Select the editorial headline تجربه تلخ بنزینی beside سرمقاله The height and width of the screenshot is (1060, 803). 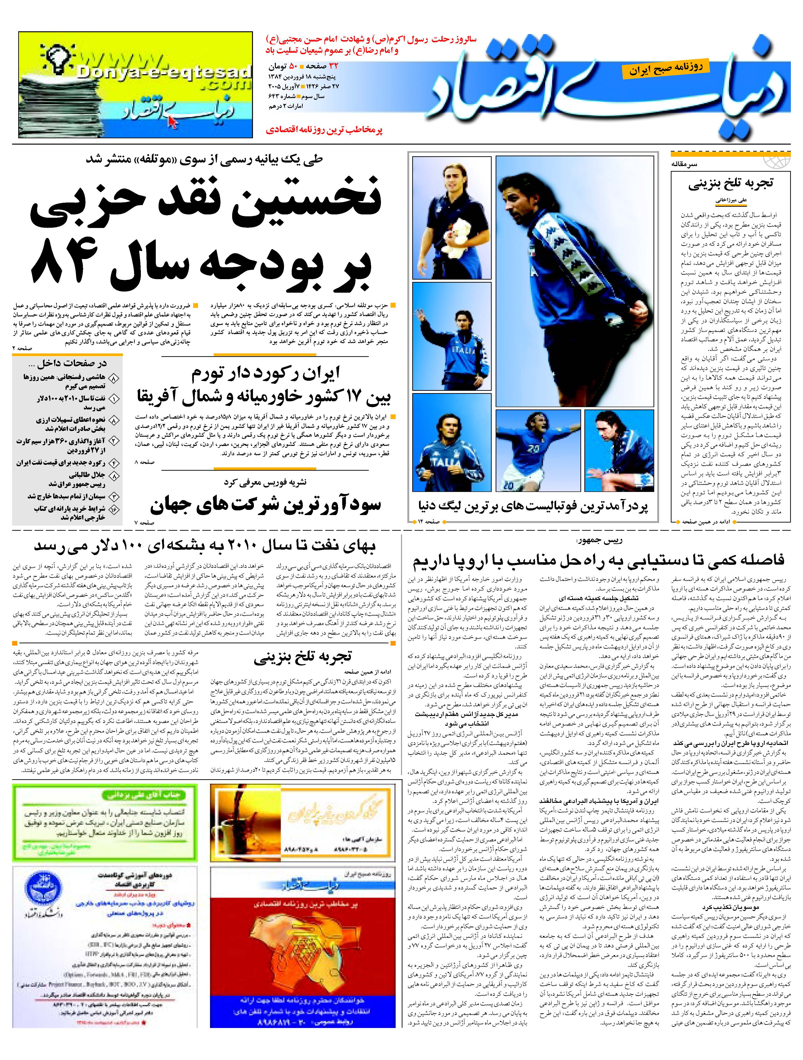(x=731, y=184)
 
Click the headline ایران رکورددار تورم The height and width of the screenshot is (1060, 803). (x=266, y=373)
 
